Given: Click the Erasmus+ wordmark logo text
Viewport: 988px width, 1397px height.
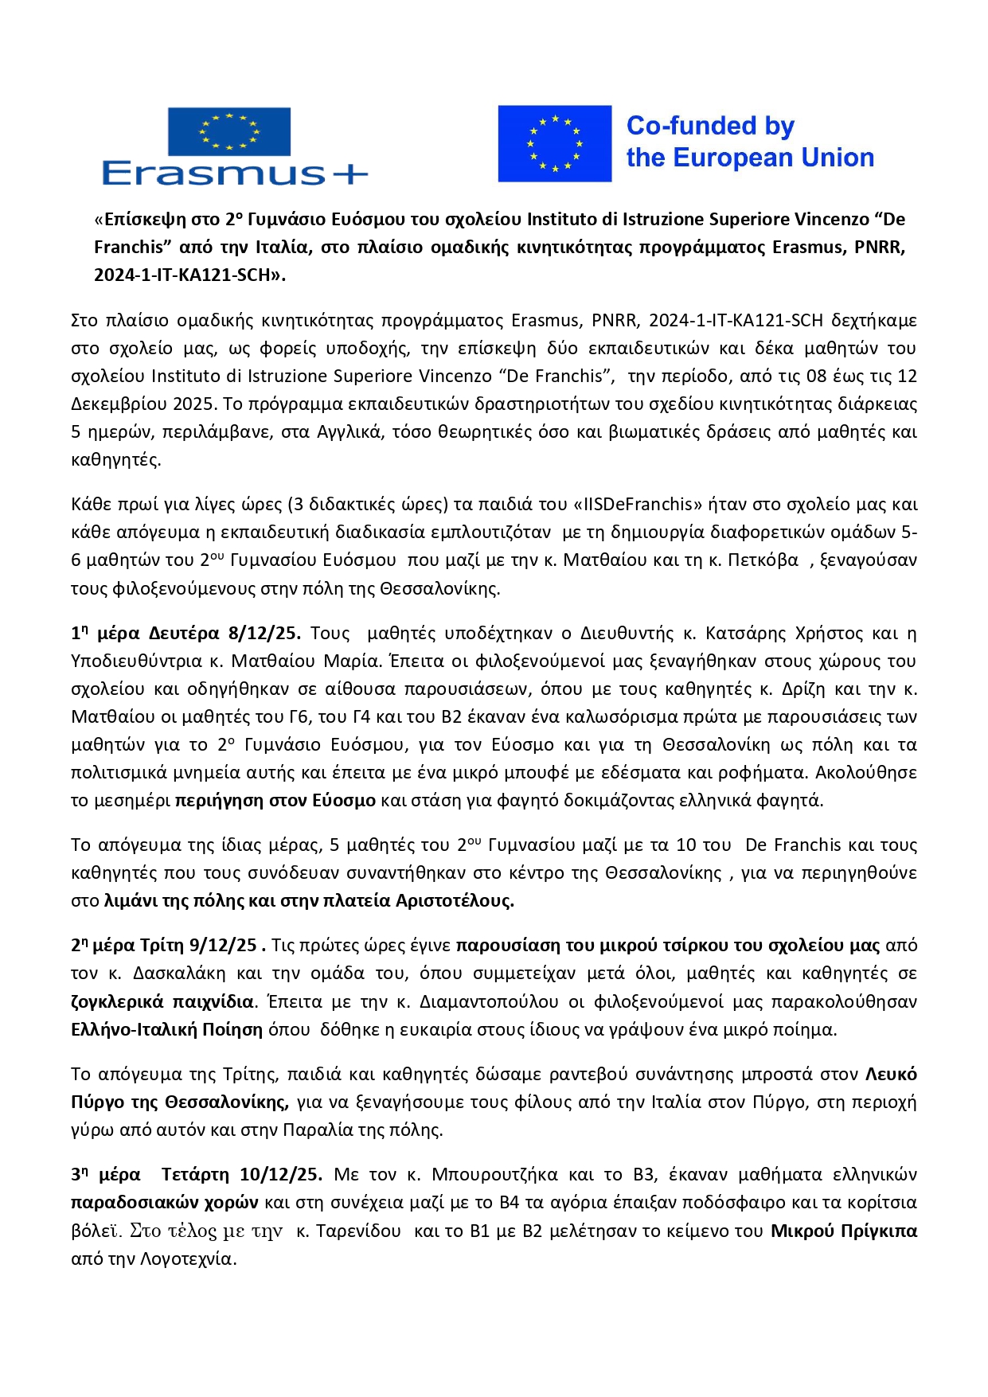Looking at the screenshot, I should (x=234, y=174).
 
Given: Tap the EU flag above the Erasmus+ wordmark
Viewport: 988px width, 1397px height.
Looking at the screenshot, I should (x=229, y=131).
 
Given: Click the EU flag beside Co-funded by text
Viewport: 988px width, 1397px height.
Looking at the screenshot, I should (x=554, y=143).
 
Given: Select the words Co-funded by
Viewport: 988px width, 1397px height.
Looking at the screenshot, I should (x=710, y=126).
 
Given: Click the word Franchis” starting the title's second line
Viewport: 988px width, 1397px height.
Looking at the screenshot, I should (x=128, y=247).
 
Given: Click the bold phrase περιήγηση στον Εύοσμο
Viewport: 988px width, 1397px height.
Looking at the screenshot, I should (x=275, y=800).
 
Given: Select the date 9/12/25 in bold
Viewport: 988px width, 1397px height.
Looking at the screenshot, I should (x=223, y=945).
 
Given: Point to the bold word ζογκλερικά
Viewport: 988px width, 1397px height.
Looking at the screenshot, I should (x=116, y=1001).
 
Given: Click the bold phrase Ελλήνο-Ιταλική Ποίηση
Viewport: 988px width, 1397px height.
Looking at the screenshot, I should (x=166, y=1029).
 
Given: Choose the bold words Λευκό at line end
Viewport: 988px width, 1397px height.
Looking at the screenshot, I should (x=891, y=1074).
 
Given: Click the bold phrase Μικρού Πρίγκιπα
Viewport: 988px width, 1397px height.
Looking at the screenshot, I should (x=843, y=1231).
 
